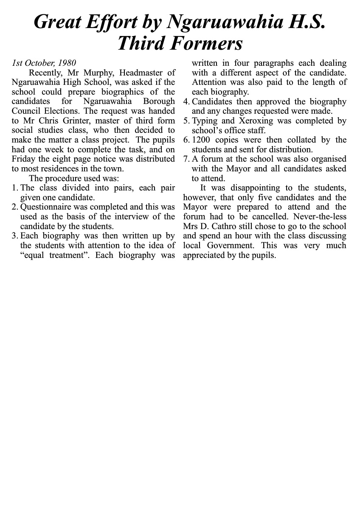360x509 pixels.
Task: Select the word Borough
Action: [159, 101]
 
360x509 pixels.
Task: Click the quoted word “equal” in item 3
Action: [34, 255]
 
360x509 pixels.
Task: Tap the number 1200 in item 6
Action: [202, 140]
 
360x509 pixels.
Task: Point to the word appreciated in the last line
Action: [204, 255]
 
